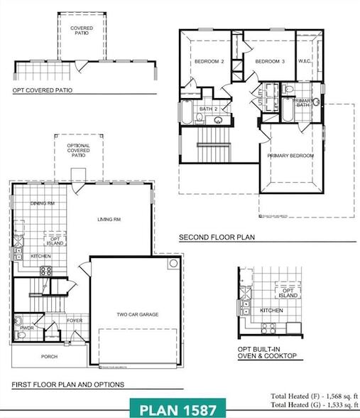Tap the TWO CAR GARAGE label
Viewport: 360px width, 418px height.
pos(137,313)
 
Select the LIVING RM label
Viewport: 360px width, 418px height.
pos(110,219)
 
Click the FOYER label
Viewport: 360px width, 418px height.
pos(75,321)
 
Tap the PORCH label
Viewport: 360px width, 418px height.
pos(49,356)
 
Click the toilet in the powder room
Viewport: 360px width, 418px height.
pos(19,319)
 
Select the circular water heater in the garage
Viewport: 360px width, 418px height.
pos(173,264)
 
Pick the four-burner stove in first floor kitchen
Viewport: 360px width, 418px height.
pos(46,270)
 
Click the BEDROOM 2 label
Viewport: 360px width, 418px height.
pos(209,62)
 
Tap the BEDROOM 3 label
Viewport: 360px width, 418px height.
pos(270,62)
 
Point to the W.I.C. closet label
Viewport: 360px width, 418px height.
pos(306,62)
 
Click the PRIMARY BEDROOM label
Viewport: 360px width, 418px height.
pos(290,155)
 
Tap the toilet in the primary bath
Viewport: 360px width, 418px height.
pos(288,90)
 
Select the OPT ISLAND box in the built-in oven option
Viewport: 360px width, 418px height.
pos(288,292)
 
